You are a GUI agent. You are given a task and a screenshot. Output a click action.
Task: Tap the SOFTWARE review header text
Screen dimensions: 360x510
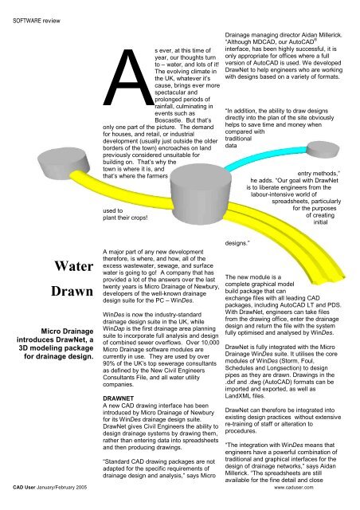[x=36, y=10]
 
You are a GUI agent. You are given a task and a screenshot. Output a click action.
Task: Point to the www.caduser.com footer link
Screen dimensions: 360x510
[x=321, y=505]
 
